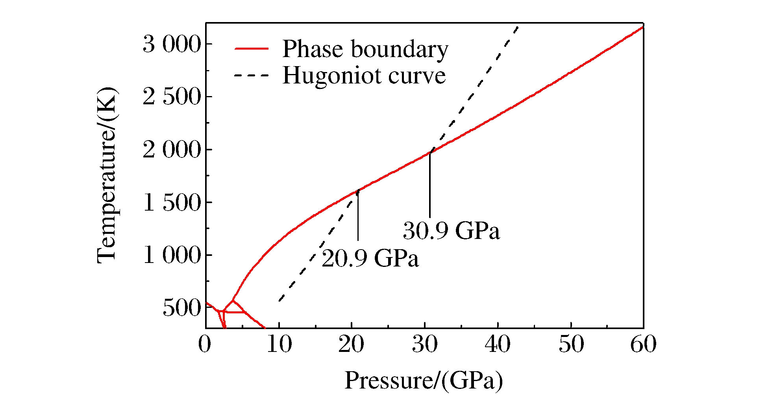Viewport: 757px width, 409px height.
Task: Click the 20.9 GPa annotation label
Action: pos(370,259)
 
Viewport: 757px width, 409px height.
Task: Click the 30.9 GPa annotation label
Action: pos(451,230)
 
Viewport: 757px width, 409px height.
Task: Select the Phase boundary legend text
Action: pos(365,49)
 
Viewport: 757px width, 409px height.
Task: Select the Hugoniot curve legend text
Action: pos(364,75)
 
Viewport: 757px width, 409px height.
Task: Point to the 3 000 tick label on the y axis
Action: pos(172,44)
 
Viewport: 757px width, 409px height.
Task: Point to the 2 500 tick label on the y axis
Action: pos(172,97)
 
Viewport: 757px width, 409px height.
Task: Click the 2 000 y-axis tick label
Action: pos(172,150)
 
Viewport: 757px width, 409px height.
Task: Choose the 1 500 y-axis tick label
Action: pos(172,202)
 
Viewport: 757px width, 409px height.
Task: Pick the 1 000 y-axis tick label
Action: pos(172,255)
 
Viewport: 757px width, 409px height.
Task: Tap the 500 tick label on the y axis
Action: pos(182,308)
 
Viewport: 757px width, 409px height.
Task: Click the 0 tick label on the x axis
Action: pos(205,344)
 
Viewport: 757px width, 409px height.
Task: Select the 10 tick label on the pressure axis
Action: pos(279,344)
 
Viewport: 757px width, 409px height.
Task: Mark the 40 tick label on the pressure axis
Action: pos(498,344)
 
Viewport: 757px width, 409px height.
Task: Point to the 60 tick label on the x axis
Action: pos(643,344)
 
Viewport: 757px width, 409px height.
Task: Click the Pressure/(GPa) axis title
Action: pos(424,381)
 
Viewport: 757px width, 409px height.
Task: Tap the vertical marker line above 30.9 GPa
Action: pos(430,185)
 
